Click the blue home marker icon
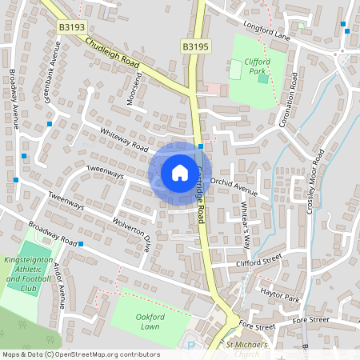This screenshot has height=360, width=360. [x=180, y=173]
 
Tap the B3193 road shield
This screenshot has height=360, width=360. [x=72, y=27]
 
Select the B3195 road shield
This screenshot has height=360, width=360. [x=195, y=47]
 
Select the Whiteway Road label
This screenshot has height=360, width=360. [x=125, y=141]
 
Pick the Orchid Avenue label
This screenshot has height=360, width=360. [x=234, y=187]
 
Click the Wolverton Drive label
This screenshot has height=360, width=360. [x=132, y=234]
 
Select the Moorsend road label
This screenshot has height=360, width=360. [x=136, y=88]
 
